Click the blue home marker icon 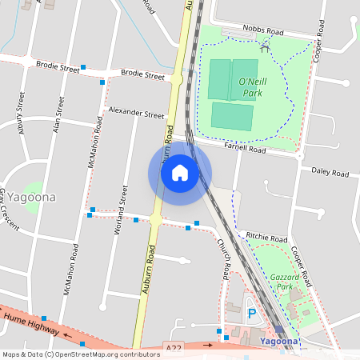(x=180, y=172)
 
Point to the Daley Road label (x=330, y=172)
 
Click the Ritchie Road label (x=266, y=238)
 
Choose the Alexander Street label (x=136, y=114)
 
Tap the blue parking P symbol (x=253, y=314)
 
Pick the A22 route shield (x=175, y=346)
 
